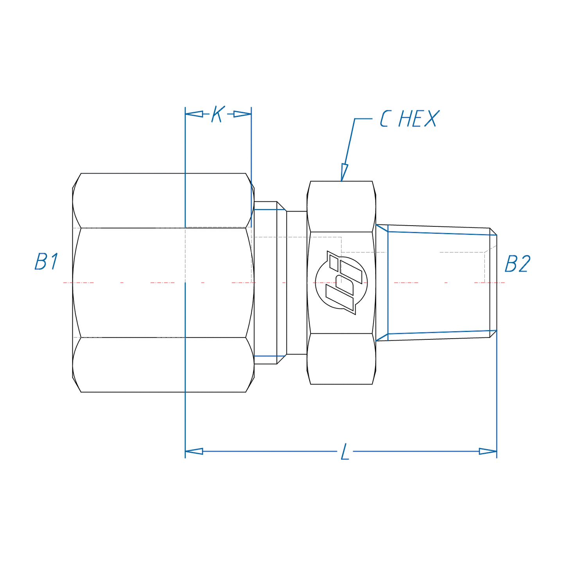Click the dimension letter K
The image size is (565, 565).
tap(217, 114)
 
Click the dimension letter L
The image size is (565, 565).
tap(344, 452)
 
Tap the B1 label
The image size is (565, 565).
tap(47, 262)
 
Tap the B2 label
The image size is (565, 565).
tap(517, 264)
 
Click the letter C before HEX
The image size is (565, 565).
tap(385, 119)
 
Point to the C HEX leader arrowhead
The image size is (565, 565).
tap(344, 172)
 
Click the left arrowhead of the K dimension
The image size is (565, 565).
tap(194, 114)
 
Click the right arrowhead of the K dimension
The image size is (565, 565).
tap(242, 114)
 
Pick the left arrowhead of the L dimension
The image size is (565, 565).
tap(194, 451)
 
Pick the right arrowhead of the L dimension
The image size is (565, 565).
tap(488, 451)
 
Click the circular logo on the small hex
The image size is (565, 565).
tap(341, 283)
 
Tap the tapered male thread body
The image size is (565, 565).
tap(438, 283)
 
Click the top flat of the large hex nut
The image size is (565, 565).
tap(163, 200)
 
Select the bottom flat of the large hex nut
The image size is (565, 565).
tap(163, 365)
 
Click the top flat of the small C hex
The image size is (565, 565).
tap(341, 206)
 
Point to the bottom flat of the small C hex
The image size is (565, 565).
tap(341, 359)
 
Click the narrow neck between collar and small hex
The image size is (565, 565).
tap(296, 283)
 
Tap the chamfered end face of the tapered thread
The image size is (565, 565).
tap(493, 283)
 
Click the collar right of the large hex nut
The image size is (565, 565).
tap(265, 283)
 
